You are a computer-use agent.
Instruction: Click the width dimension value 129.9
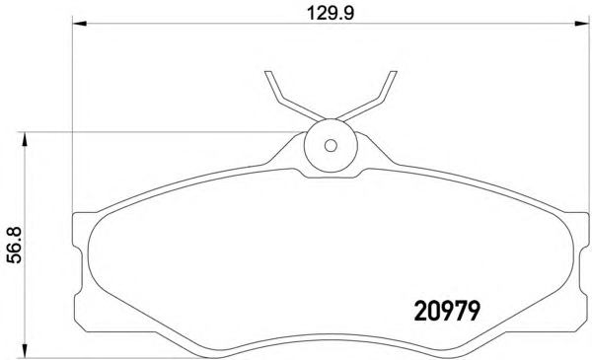pyautogui.click(x=331, y=13)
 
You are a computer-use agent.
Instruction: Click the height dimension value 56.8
pyautogui.click(x=16, y=245)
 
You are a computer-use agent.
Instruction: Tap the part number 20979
pyautogui.click(x=447, y=312)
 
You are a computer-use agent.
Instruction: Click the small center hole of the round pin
pyautogui.click(x=331, y=145)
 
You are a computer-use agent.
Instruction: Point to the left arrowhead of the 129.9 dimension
pyautogui.click(x=79, y=24)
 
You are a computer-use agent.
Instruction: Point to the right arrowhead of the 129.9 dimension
pyautogui.click(x=582, y=24)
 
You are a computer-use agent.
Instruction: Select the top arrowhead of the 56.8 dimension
pyautogui.click(x=25, y=139)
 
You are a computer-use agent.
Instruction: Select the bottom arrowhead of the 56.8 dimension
pyautogui.click(x=25, y=350)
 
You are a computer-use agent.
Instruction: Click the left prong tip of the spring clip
pyautogui.click(x=268, y=71)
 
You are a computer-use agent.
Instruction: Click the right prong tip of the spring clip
pyautogui.click(x=393, y=71)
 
